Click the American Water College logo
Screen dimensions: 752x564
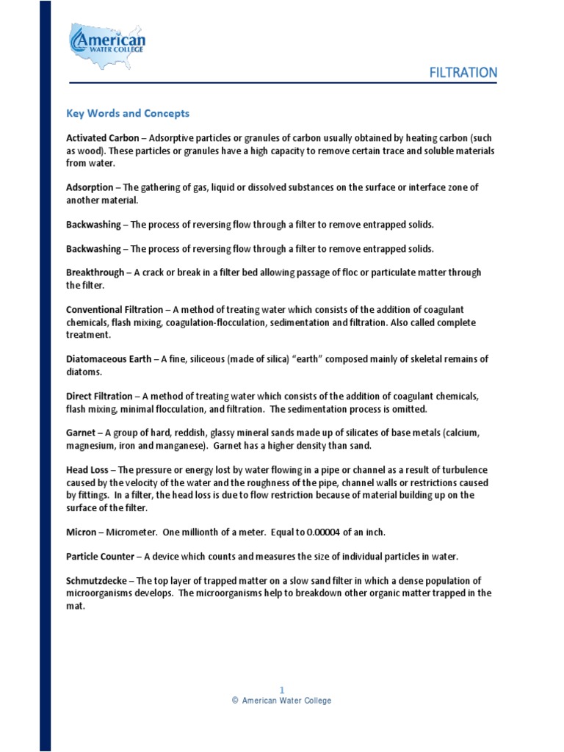click(107, 46)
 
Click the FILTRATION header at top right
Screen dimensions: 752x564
click(463, 73)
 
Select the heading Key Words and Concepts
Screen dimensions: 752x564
click(128, 113)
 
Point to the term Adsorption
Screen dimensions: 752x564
click(90, 187)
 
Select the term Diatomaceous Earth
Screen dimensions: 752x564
click(109, 359)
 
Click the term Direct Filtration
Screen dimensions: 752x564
click(99, 396)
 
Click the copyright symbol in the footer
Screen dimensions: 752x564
click(235, 701)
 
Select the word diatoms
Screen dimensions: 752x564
click(84, 372)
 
